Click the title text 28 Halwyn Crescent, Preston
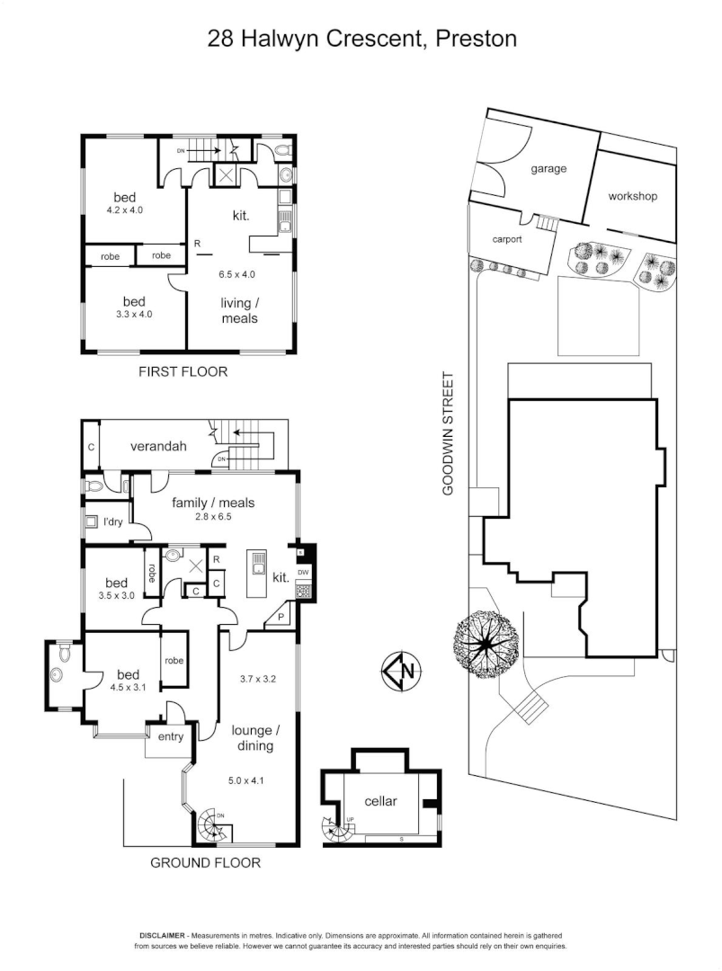362,39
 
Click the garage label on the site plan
548,168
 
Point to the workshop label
633,196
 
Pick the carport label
508,240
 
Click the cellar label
381,800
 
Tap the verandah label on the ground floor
157,445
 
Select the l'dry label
112,521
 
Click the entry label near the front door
171,737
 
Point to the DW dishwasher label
303,572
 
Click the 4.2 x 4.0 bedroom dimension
125,209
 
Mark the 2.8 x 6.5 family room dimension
215,516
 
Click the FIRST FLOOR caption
182,371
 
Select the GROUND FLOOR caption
205,863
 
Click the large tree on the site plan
486,644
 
